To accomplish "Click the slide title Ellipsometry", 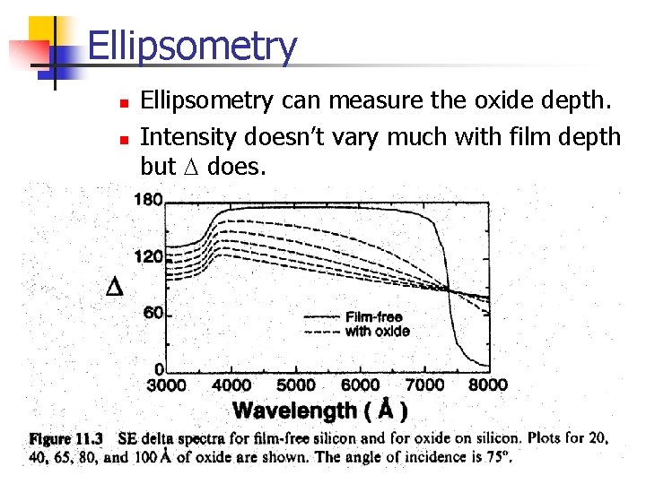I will [x=192, y=47].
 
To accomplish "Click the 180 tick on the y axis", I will [x=148, y=199].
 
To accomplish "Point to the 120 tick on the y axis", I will [x=148, y=256].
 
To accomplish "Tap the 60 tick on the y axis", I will [x=153, y=313].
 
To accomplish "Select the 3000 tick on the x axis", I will [x=167, y=385].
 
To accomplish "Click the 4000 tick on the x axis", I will [x=231, y=385].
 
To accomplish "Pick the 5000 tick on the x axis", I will [x=295, y=385].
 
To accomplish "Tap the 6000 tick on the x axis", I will [x=360, y=385].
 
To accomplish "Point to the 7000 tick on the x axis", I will [x=424, y=385].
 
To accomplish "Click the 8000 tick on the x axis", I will [x=488, y=385].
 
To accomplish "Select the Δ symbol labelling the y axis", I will [x=115, y=288].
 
